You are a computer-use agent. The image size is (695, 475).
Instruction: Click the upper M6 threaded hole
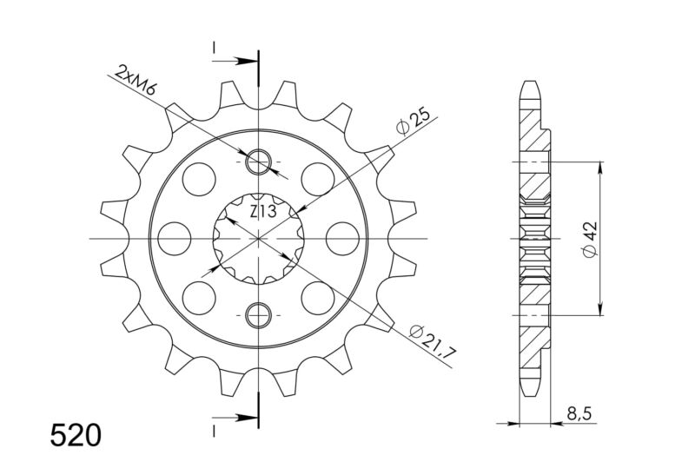pyautogui.click(x=259, y=162)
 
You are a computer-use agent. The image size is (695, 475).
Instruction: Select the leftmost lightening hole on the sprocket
pyautogui.click(x=175, y=237)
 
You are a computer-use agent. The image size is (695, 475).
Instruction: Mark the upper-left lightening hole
pyautogui.click(x=201, y=179)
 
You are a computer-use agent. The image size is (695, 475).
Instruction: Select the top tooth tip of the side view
pyautogui.click(x=531, y=88)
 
